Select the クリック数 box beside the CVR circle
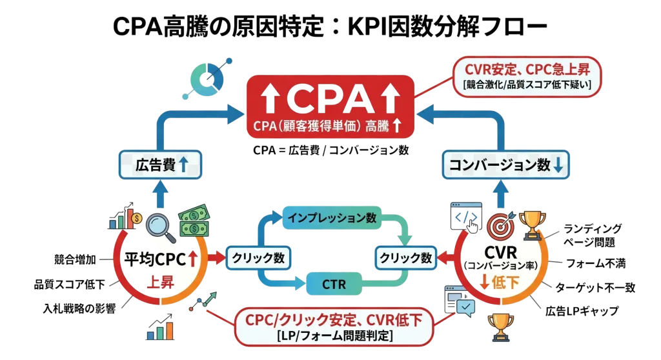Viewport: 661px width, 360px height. coord(405,258)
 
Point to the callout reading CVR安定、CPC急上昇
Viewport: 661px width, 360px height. coord(528,76)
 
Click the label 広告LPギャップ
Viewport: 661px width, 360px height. coord(584,311)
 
